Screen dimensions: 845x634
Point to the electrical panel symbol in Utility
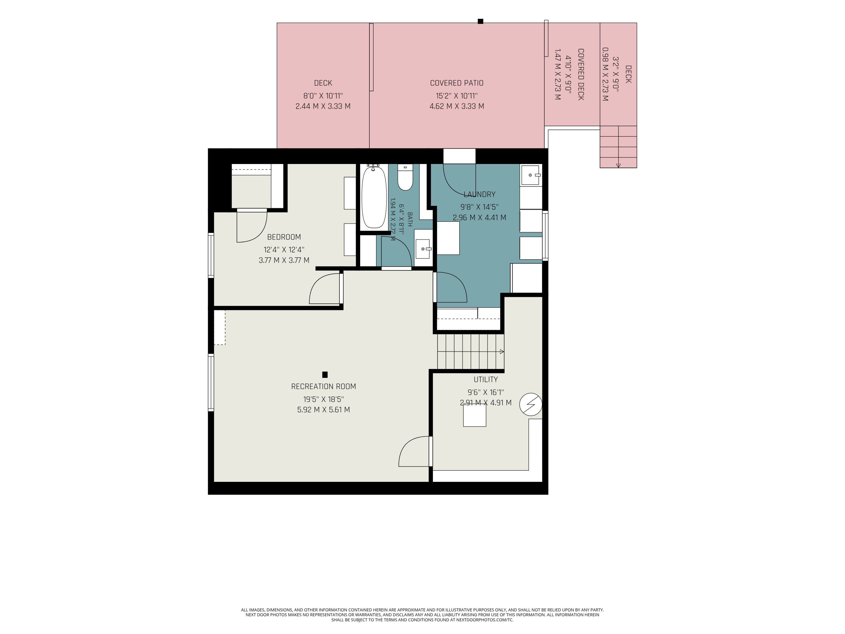pos(531,404)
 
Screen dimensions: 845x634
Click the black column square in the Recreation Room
pos(325,374)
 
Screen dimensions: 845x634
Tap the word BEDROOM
pos(284,237)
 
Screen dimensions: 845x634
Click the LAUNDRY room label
pos(479,194)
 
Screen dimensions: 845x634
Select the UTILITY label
pos(485,380)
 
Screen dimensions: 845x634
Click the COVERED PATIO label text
pos(457,83)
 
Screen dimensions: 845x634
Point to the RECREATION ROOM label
pos(323,386)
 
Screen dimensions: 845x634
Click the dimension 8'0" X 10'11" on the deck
pos(323,96)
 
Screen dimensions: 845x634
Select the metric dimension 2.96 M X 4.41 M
pos(479,217)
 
